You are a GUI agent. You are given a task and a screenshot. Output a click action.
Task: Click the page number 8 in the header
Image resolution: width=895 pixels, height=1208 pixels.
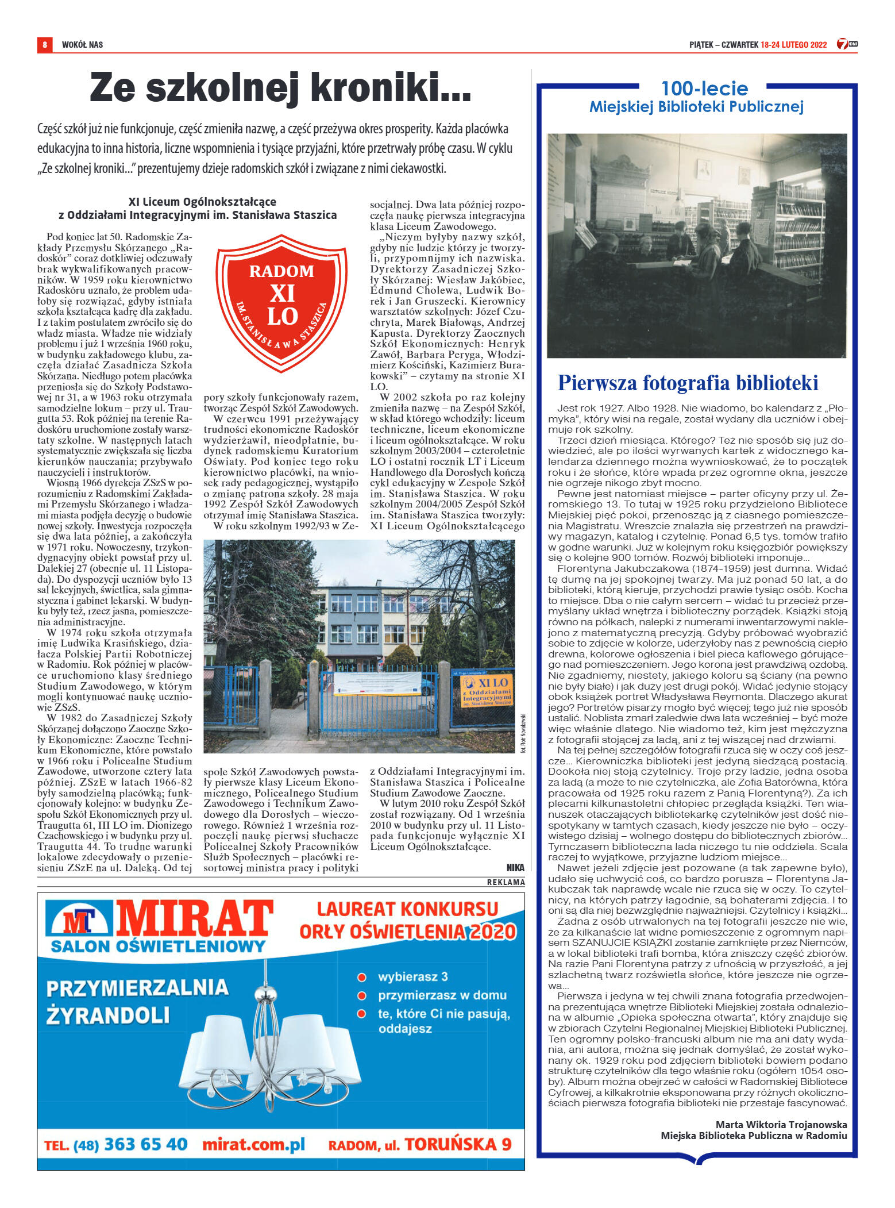coord(44,44)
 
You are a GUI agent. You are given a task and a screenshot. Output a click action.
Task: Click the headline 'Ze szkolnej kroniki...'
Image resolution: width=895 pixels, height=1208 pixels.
coord(280,87)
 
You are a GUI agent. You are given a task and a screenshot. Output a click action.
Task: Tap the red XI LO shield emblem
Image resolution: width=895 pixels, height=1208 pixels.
coord(281,302)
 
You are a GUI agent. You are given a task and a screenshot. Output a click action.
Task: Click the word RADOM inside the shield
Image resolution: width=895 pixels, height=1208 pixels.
coord(281,271)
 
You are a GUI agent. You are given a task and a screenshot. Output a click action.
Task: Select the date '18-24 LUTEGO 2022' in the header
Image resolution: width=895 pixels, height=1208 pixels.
coord(793,45)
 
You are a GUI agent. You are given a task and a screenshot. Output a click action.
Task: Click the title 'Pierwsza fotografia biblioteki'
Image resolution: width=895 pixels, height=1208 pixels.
coord(688,383)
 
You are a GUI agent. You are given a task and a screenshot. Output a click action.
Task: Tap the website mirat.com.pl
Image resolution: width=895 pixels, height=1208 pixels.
coord(253,1144)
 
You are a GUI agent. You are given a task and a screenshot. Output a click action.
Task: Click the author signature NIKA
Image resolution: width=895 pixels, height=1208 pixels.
coord(515,868)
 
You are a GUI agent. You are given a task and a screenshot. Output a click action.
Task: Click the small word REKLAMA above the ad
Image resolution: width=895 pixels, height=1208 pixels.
coord(506,882)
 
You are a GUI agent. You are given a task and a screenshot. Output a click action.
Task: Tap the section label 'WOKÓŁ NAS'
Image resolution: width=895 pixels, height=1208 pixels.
coord(82,45)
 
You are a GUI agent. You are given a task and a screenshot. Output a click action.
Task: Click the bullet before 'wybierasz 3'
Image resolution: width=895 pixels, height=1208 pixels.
coord(362,977)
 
